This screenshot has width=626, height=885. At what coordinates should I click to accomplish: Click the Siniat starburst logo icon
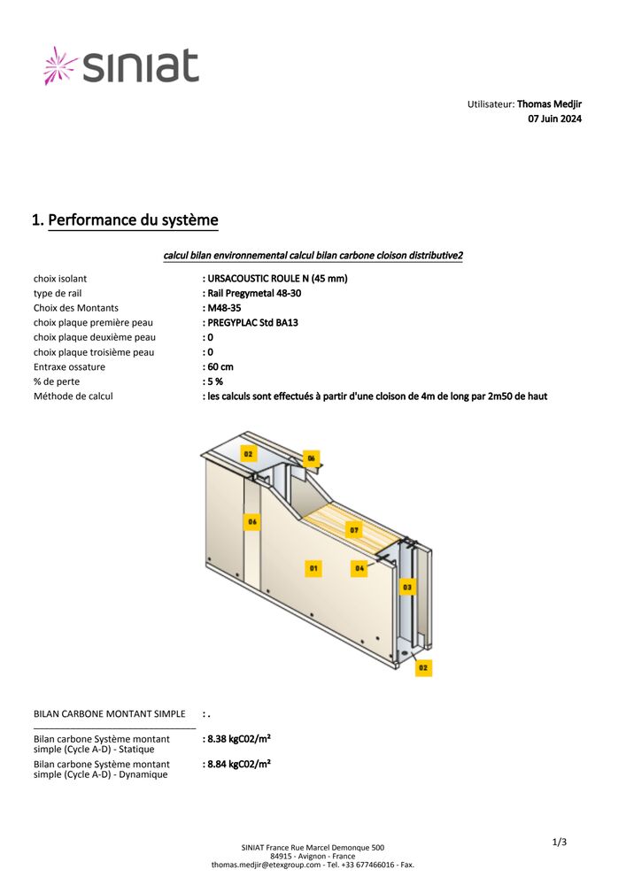61,65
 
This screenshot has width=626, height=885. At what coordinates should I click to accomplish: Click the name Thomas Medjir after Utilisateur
549,104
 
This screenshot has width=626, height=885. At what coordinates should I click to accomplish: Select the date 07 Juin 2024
554,119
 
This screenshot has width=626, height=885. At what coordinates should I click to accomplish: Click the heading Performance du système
133,219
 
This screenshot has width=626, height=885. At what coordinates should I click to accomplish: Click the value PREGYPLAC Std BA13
252,323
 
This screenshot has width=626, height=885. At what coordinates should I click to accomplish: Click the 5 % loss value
214,381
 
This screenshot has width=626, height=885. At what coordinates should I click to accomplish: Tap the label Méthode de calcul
73,396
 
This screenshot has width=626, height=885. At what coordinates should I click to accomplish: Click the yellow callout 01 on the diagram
313,567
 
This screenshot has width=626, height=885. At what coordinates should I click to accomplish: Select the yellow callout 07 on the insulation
354,529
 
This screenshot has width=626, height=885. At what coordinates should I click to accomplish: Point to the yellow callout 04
359,567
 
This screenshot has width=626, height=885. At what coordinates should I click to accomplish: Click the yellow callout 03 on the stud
406,586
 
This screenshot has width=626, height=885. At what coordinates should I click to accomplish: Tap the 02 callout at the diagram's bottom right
424,668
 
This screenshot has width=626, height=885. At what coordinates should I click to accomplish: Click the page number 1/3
559,842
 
